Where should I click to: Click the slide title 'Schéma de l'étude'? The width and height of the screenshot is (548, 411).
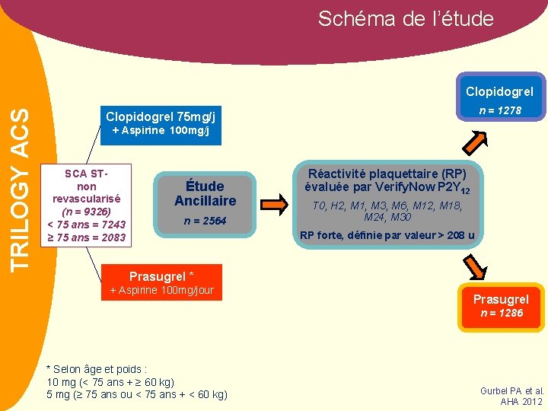pyautogui.click(x=406, y=18)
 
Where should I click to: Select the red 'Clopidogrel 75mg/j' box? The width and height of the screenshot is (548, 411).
pyautogui.click(x=161, y=117)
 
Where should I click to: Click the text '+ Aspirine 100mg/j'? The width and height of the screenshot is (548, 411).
pyautogui.click(x=161, y=131)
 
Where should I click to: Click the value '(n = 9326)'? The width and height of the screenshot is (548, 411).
pyautogui.click(x=86, y=211)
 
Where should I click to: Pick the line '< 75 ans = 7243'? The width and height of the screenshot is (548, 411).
pyautogui.click(x=86, y=225)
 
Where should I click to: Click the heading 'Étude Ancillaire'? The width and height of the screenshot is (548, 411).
pyautogui.click(x=205, y=193)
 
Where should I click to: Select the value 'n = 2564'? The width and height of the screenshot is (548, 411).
pyautogui.click(x=205, y=221)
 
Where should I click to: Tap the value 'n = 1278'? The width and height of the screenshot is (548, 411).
pyautogui.click(x=500, y=110)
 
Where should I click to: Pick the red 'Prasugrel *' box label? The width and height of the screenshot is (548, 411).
pyautogui.click(x=161, y=276)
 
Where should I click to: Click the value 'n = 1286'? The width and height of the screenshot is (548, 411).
pyautogui.click(x=500, y=313)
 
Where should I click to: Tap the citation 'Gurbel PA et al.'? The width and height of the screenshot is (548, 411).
pyautogui.click(x=511, y=390)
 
